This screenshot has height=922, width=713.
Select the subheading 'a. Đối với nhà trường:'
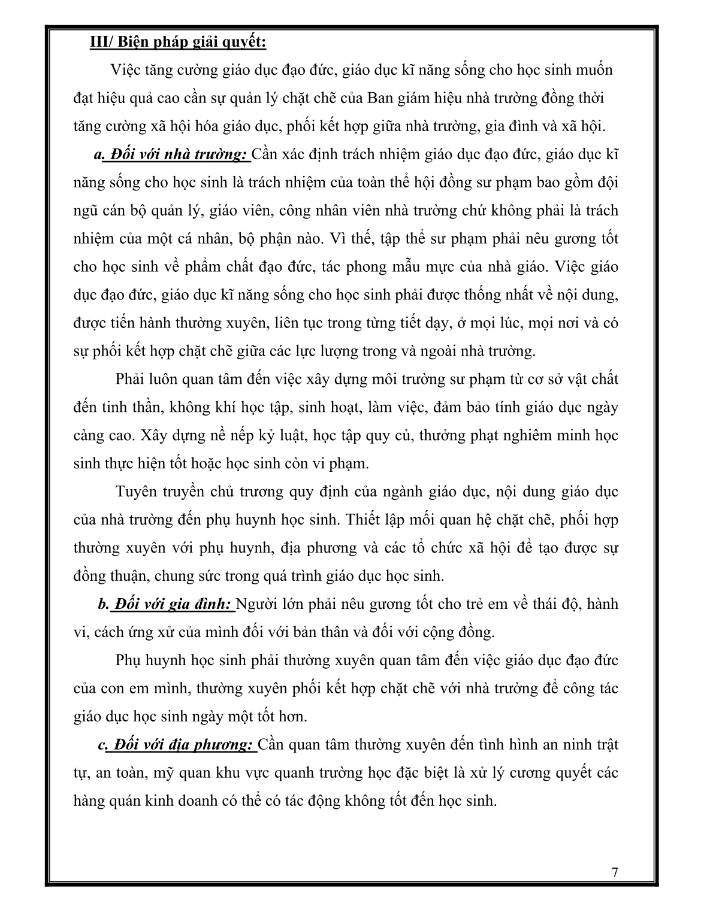171,154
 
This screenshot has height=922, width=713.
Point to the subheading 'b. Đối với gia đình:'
165,604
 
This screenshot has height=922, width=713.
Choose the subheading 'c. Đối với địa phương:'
176,745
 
